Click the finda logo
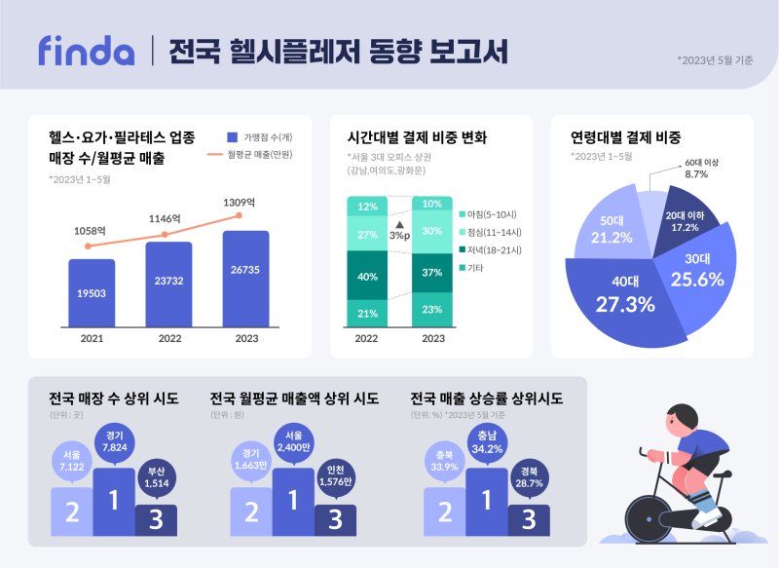86,50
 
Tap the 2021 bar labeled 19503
92,292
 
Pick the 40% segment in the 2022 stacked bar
368,276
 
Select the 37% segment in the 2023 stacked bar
432,272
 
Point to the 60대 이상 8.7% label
695,168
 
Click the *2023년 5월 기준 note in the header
715,59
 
